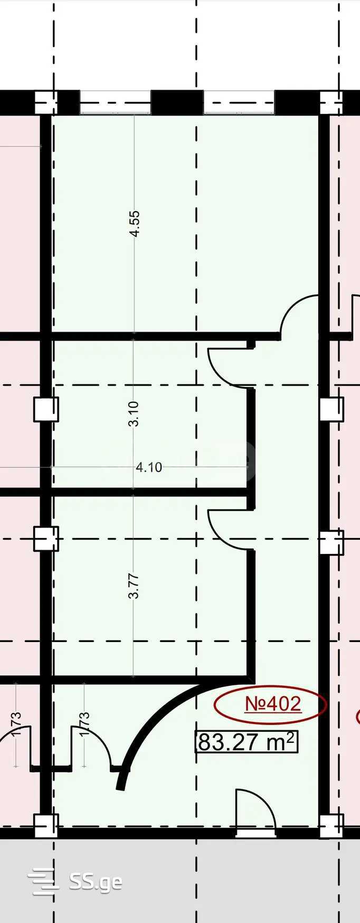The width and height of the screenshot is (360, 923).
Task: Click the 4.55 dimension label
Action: click(x=135, y=224)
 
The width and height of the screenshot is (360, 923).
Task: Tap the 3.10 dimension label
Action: click(x=134, y=414)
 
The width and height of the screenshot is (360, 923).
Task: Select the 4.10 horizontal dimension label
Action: click(x=149, y=467)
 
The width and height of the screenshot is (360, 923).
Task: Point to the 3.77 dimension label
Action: click(x=134, y=586)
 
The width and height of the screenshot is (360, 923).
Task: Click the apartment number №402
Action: click(x=273, y=704)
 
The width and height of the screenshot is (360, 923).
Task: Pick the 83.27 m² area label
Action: click(x=247, y=742)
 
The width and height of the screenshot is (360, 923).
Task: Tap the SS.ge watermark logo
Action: click(x=74, y=882)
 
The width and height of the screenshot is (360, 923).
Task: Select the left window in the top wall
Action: click(x=116, y=102)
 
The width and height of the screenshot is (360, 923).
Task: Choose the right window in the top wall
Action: click(x=239, y=102)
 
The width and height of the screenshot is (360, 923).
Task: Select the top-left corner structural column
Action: click(x=46, y=102)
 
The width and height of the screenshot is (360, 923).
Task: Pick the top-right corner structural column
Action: click(x=331, y=102)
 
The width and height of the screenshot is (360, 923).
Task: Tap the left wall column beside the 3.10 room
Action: click(x=46, y=409)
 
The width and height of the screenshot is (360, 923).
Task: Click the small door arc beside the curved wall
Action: click(x=92, y=746)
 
